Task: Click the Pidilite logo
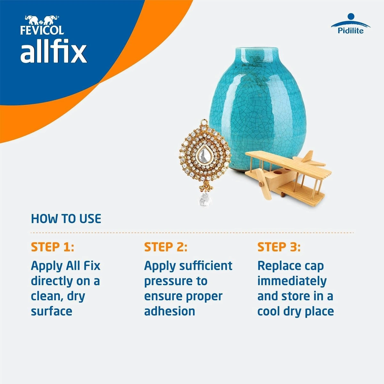click(350, 24)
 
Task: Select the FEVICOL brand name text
click(42, 30)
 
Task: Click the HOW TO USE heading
click(66, 219)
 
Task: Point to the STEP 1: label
click(52, 247)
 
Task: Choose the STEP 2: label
click(166, 247)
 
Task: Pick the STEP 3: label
click(279, 247)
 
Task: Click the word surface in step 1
click(52, 311)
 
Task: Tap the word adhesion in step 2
click(170, 311)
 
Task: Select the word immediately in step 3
click(292, 281)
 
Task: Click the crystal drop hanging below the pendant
click(204, 199)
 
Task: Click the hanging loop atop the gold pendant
click(204, 122)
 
